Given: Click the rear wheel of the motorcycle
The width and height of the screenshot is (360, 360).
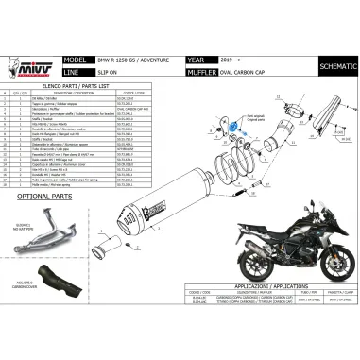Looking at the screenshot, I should tap(232, 274).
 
